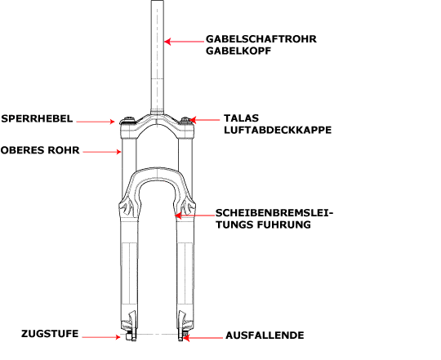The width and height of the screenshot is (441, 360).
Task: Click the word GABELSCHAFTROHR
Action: click(261, 39)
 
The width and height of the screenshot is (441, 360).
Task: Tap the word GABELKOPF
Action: click(238, 51)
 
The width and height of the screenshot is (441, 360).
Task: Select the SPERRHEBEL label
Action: click(37, 118)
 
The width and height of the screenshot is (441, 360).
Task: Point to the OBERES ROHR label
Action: click(40, 150)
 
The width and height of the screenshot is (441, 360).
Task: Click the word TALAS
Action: click(241, 118)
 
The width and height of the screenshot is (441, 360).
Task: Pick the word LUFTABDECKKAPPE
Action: click(278, 130)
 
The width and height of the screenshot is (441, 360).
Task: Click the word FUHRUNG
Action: click(283, 224)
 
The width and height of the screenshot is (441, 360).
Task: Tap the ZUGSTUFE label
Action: click(50, 334)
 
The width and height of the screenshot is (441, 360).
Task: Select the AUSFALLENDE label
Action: click(265, 336)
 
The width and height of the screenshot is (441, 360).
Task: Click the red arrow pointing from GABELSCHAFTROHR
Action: click(184, 42)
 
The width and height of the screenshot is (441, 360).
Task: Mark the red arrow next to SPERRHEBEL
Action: click(96, 122)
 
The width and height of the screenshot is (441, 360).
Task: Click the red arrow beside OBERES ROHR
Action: click(102, 152)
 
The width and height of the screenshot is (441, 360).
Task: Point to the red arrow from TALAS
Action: click(204, 120)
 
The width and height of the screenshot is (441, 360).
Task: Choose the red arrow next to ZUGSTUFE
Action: click(101, 337)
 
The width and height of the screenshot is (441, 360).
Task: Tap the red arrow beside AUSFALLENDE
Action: click(203, 337)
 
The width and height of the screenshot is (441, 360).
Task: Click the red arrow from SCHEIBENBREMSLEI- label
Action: click(194, 216)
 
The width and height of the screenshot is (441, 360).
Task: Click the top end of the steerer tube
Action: click(158, 1)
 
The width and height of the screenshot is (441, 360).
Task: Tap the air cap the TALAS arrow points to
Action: click(185, 121)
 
